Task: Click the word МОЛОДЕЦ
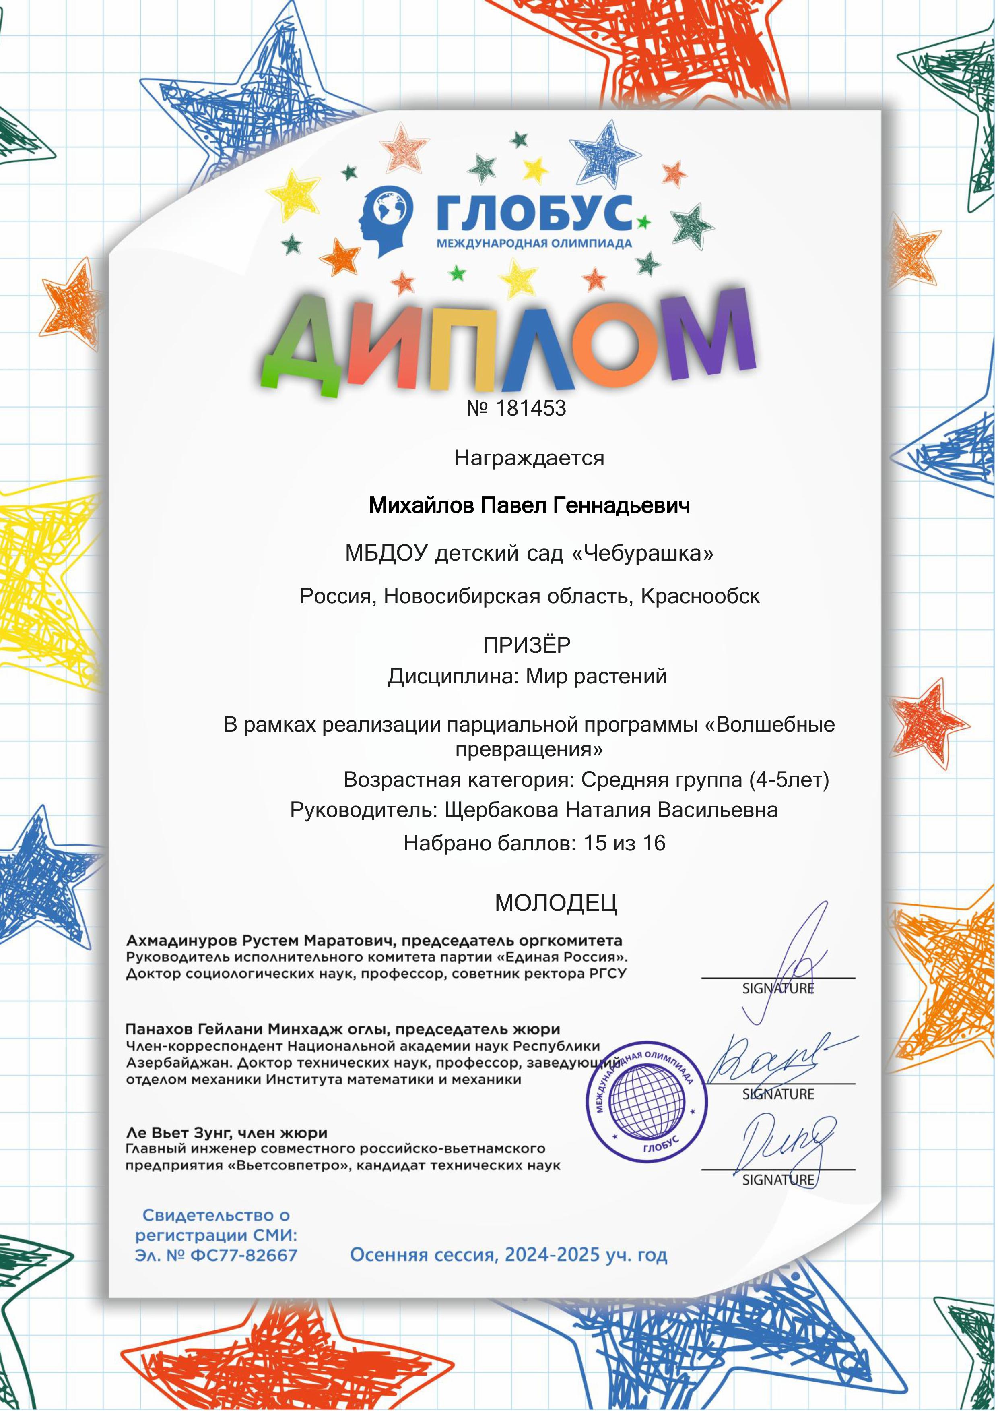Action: point(556,904)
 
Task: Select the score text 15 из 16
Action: point(624,843)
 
